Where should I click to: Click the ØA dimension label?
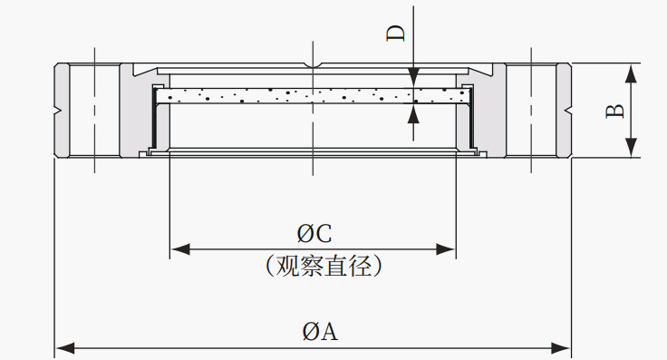[320, 332]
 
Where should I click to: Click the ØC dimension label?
[314, 234]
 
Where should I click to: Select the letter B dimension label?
[615, 111]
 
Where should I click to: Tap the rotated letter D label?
[396, 34]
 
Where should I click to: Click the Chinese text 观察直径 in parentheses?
[324, 266]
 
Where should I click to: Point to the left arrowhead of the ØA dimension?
[65, 348]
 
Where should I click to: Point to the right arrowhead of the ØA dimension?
[560, 348]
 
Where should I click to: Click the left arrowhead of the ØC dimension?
[180, 249]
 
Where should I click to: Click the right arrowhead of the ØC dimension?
[446, 249]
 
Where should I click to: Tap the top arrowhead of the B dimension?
[632, 73]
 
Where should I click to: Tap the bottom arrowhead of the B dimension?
[632, 148]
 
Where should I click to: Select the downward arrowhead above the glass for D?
[413, 78]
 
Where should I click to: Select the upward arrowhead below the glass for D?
[413, 113]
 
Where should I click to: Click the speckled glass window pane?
[313, 96]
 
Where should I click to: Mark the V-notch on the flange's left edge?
[59, 111]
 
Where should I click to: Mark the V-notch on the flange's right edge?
[567, 111]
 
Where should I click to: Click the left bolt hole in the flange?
[94, 111]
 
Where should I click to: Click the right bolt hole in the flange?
[531, 111]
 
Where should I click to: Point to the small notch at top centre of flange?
[313, 65]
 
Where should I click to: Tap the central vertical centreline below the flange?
[313, 167]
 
